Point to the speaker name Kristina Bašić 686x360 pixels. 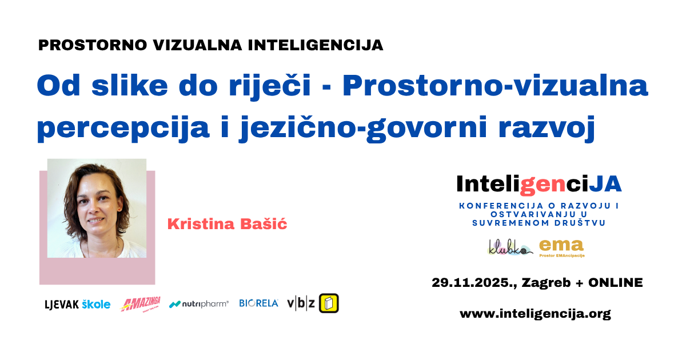(227, 224)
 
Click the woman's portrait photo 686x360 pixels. (97, 209)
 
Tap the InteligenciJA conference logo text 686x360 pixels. (539, 183)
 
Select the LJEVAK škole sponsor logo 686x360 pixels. (78, 305)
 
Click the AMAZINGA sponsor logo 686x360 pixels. (141, 304)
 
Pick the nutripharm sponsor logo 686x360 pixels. (199, 304)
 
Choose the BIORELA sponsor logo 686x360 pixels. (258, 303)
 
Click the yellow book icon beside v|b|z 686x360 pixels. (329, 303)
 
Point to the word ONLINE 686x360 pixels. (616, 282)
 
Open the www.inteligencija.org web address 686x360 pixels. (535, 314)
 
